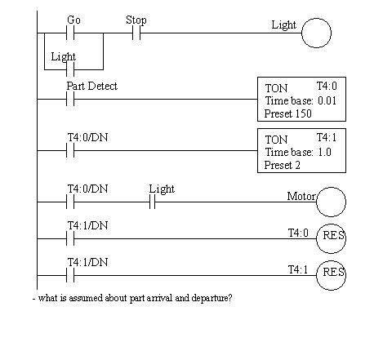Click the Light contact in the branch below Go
click(70, 71)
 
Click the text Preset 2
click(282, 164)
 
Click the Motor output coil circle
click(331, 201)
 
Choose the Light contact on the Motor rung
click(152, 201)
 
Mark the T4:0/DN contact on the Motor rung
click(70, 201)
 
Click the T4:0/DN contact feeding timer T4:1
click(70, 151)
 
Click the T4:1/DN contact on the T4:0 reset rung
click(70, 238)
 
